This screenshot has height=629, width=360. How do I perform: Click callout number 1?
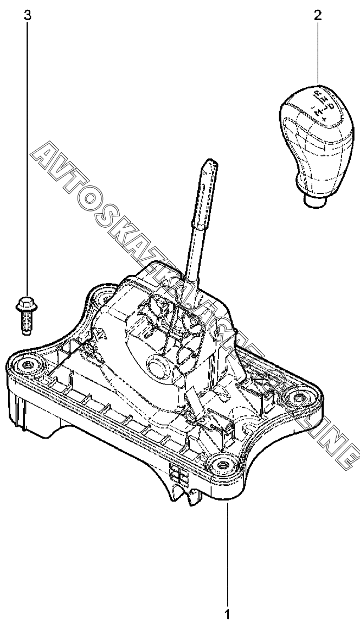(227, 615)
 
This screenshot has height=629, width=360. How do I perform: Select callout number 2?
(318, 15)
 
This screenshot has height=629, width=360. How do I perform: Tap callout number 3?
(26, 15)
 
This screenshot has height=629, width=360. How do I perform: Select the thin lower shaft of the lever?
(192, 255)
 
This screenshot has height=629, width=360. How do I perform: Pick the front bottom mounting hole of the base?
(221, 465)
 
